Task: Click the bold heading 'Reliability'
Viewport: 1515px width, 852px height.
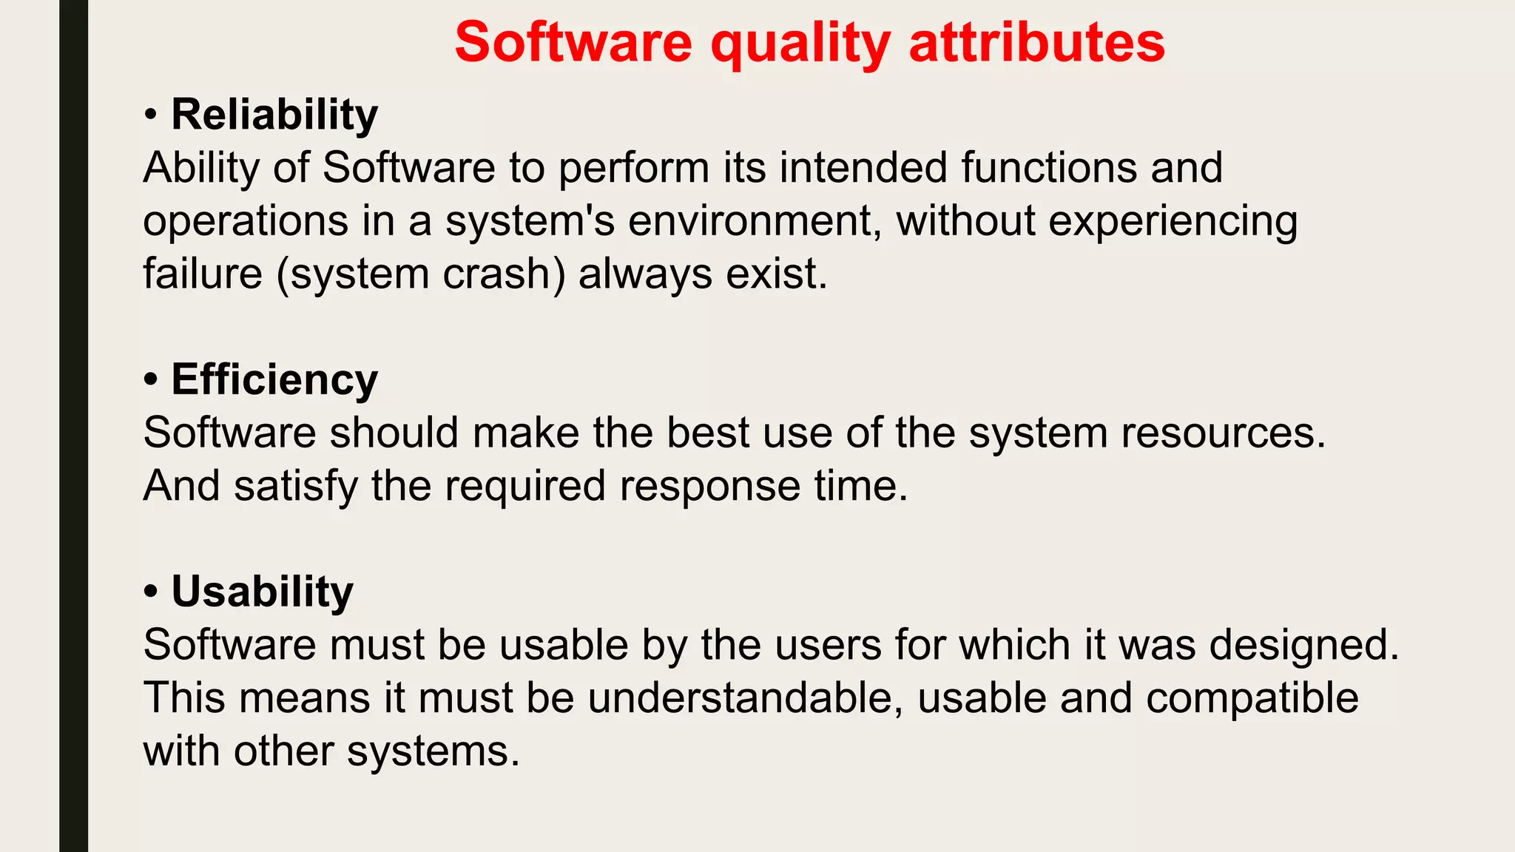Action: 274,115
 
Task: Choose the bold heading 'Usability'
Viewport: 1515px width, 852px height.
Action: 262,592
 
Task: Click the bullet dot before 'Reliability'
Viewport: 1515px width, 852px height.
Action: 151,115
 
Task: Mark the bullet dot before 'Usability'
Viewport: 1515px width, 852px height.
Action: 151,592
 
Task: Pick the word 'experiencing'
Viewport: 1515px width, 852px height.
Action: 1172,221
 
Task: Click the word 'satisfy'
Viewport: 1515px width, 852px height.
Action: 296,486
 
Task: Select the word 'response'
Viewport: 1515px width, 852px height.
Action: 709,486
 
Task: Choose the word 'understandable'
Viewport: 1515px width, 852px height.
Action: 740,697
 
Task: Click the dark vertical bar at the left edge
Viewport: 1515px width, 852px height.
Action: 73,426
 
